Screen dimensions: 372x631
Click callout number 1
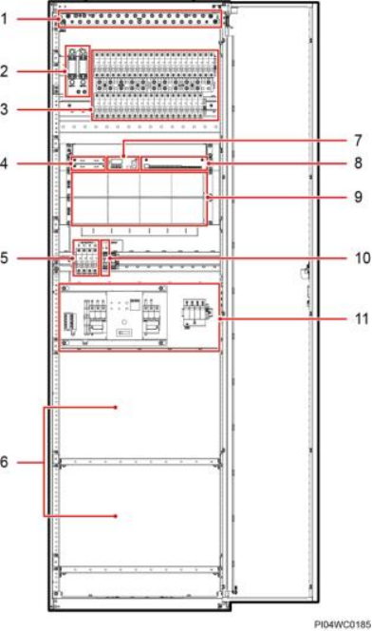pos(4,18)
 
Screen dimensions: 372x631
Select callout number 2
pos(4,71)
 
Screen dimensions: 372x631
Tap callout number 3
pos(4,108)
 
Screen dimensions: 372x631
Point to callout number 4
pos(4,163)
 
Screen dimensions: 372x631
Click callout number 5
pos(4,258)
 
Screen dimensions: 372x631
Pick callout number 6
pos(4,462)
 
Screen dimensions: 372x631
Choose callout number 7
pos(358,141)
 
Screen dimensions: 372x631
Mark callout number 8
pos(358,163)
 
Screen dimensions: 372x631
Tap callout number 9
pos(358,197)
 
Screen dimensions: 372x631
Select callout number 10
pos(363,258)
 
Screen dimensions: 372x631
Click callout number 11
pos(362,318)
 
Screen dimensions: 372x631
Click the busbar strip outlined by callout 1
pos(139,19)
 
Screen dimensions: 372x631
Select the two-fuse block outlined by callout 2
pos(78,71)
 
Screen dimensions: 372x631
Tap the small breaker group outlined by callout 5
pos(85,258)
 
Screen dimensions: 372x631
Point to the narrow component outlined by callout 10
pos(105,258)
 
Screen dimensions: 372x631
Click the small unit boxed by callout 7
pos(123,163)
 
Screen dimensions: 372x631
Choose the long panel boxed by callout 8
pos(176,163)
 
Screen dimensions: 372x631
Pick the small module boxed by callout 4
pos(88,163)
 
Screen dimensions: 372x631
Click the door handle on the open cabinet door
pos(304,273)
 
